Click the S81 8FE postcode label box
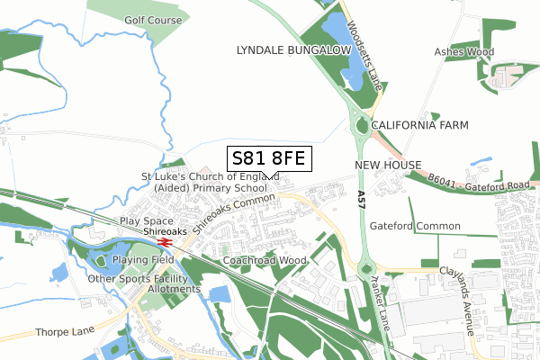tap(268, 159)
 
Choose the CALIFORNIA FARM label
tap(419, 125)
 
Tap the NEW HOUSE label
tap(388, 166)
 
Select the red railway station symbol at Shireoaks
tap(164, 241)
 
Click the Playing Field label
tap(143, 260)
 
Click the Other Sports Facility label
tap(142, 279)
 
